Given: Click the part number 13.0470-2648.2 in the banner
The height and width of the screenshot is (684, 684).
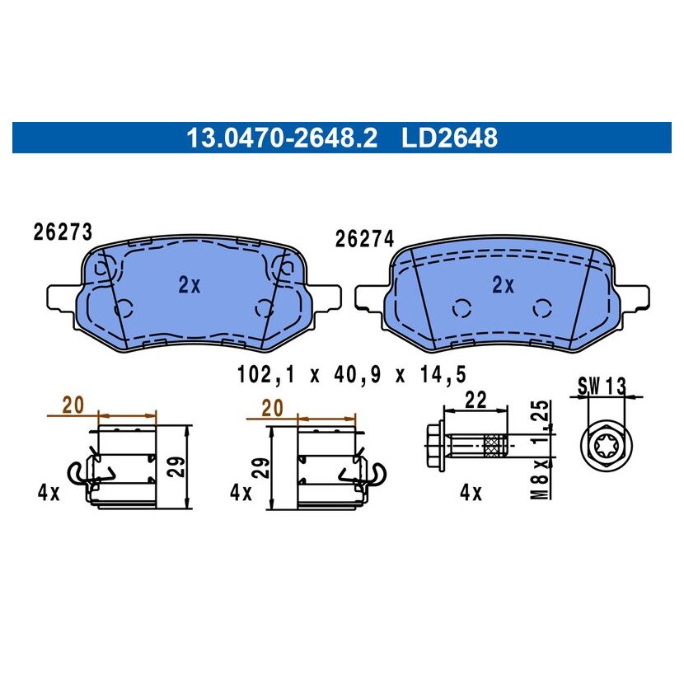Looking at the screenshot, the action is point(282,138).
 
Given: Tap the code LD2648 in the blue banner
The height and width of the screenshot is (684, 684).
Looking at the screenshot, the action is point(449,138).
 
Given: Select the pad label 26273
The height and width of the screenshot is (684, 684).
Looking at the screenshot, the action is point(63,232).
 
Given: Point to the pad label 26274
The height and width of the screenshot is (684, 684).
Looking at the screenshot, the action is point(364,239).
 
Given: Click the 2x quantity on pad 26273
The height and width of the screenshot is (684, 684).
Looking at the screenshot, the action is point(190,285).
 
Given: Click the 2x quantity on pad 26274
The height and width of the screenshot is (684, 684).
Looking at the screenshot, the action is point(503,285).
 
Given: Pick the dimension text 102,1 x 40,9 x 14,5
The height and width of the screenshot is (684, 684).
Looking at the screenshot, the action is point(352,374).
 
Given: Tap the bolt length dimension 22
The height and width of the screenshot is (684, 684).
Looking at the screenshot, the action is point(475,400).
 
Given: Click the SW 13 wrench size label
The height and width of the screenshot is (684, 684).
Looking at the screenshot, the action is point(602,386).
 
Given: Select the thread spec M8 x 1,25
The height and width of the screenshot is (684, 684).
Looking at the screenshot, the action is point(541,450).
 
